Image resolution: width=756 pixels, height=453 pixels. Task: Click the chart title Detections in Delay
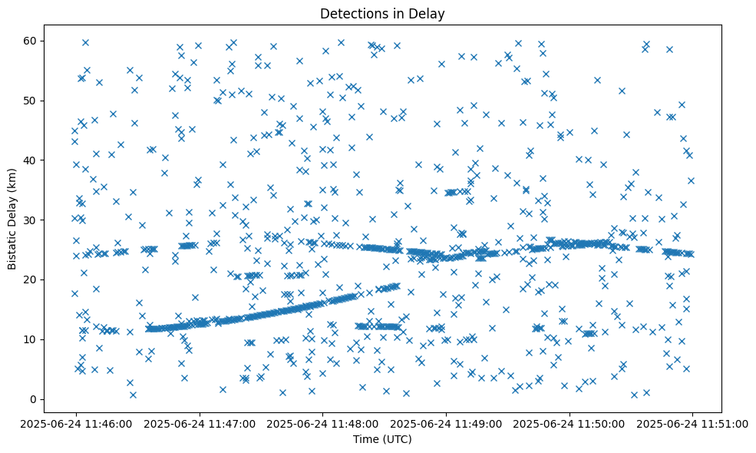point(382,14)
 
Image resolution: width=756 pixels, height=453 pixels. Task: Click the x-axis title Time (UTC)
point(382,439)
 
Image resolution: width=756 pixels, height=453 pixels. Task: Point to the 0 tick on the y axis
point(33,399)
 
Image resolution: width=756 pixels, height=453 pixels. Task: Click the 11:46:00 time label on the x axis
point(75,424)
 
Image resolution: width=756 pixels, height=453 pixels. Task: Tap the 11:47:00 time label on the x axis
point(199,424)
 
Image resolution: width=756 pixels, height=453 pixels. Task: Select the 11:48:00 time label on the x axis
point(322,424)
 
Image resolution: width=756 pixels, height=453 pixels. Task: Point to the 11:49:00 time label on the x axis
point(446,424)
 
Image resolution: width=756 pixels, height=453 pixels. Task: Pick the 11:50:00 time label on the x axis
point(569,424)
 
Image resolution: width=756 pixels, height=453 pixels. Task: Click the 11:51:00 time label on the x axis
point(693,424)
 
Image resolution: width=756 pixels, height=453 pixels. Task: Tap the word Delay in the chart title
point(429,14)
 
